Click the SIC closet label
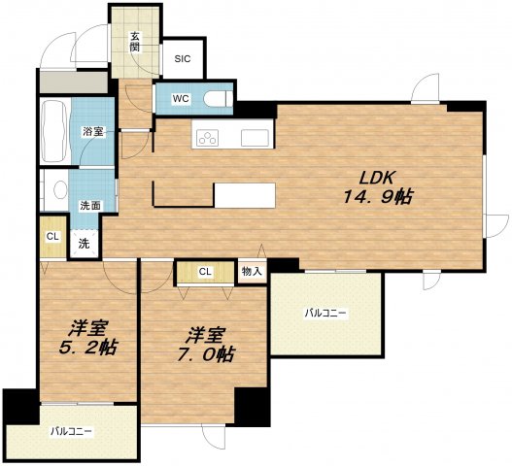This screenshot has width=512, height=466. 183,59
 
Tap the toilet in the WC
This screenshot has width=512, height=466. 218,99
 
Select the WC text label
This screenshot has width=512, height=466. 181,99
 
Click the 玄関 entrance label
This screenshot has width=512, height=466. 134,42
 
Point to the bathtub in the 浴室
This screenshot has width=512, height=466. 54,131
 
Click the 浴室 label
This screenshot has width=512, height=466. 93,132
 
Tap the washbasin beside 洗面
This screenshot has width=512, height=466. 61,189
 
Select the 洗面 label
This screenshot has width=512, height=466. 90,206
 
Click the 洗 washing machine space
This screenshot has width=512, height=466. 85,244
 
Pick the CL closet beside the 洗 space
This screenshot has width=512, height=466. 52,237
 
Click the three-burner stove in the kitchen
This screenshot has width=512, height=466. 207,138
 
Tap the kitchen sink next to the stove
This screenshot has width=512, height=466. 255,138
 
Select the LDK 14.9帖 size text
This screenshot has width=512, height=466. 378,187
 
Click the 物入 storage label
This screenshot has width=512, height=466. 252,271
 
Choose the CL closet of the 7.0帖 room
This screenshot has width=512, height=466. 205,272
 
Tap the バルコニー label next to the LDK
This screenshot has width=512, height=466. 325,314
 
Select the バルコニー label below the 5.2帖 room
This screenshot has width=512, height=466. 71,432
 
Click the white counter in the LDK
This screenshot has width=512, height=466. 245,195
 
